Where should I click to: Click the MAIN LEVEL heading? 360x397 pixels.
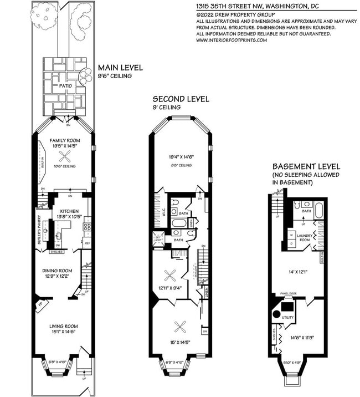(120, 68)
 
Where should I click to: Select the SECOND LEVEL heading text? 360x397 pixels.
(181, 99)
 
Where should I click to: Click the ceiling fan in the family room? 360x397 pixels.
(65, 156)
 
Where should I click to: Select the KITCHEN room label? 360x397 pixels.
(65, 211)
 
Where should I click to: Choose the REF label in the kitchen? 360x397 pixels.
(87, 243)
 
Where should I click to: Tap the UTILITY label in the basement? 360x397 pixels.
(287, 317)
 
